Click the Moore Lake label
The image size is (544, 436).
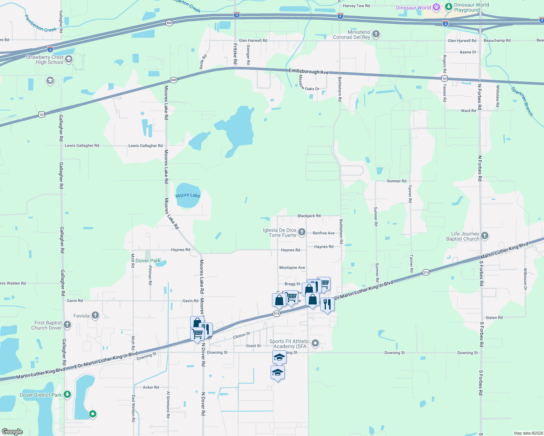(188, 195)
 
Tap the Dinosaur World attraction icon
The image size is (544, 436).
(437, 7)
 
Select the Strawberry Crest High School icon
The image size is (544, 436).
(69, 59)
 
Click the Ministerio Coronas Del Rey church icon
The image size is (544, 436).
(376, 35)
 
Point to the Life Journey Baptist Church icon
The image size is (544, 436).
(484, 236)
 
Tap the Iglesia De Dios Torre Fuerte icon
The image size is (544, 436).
(301, 232)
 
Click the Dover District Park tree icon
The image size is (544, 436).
(67, 395)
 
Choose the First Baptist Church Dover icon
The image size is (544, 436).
(67, 325)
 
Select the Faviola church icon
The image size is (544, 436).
(95, 315)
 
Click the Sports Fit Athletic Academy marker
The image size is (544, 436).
(315, 343)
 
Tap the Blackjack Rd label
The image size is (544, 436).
(309, 216)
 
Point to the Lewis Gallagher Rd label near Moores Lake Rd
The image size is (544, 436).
(145, 146)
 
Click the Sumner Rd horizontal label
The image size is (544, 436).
(396, 181)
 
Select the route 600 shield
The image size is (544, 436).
(173, 80)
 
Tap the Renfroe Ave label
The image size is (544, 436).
(324, 233)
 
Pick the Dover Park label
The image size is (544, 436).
(148, 261)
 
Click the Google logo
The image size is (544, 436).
(12, 432)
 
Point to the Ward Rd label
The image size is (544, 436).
(468, 111)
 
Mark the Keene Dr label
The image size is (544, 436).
(468, 52)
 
